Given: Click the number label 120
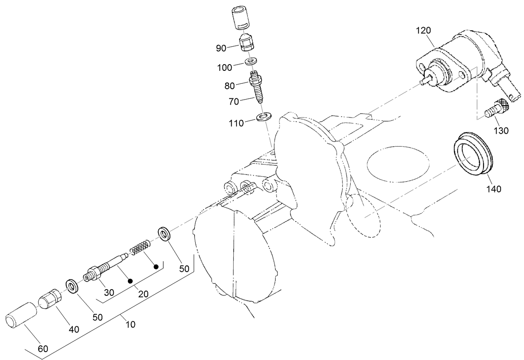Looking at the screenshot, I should coord(425,30).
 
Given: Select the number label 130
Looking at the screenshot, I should coord(501,131).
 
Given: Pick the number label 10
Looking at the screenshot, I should coord(130,324).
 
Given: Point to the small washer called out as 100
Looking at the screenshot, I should coord(251,62).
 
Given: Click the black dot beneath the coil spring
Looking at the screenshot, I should coord(156,265).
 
